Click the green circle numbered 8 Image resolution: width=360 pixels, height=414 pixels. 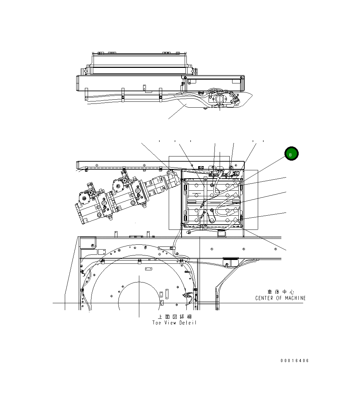291,154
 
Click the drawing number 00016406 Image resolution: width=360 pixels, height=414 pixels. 295,361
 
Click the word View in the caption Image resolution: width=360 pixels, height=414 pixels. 170,323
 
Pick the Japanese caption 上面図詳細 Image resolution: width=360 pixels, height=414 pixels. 174,317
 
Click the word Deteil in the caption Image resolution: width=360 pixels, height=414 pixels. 188,323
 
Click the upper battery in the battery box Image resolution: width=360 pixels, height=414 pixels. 212,190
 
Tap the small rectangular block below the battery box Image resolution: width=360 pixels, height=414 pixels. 221,234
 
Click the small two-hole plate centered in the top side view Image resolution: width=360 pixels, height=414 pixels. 144,87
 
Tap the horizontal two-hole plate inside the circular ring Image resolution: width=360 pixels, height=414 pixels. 149,269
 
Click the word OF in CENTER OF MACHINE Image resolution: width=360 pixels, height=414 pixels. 279,298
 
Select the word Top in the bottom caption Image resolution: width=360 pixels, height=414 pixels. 157,323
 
